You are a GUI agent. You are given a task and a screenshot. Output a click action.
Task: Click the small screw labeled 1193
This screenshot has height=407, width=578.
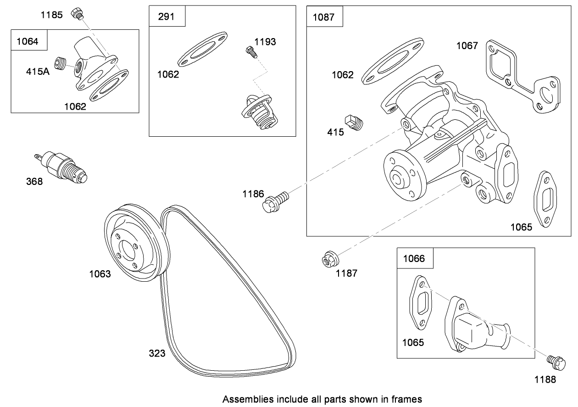click(250, 51)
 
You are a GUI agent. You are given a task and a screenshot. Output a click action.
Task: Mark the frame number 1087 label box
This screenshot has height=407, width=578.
click(323, 17)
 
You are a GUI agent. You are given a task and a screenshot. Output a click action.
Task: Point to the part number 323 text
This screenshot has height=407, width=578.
click(157, 353)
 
